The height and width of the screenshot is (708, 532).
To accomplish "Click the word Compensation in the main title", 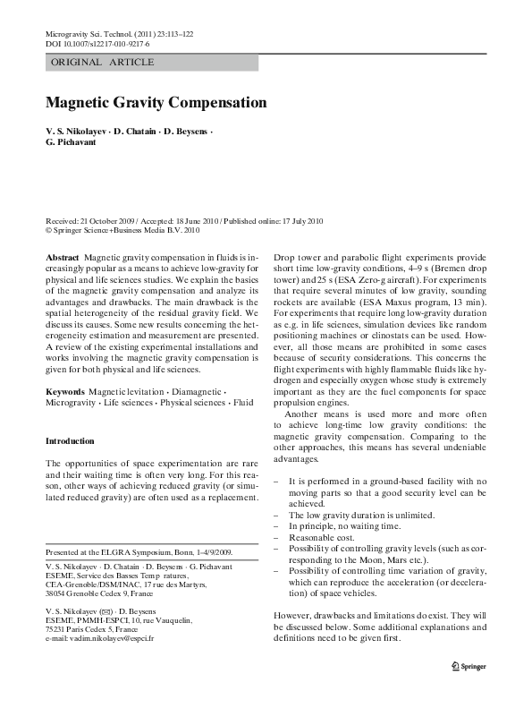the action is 207,104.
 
